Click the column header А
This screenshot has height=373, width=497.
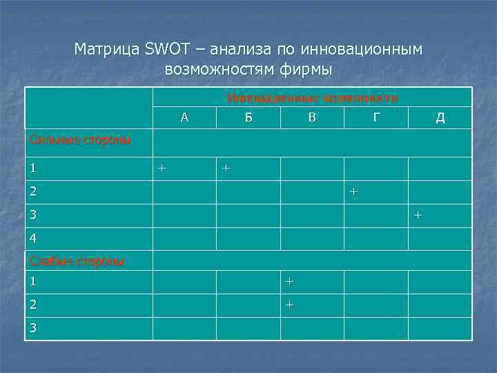click(x=184, y=117)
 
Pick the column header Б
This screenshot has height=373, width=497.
click(x=248, y=117)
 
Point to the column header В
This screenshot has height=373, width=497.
click(x=312, y=117)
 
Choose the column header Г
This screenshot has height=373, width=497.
click(x=376, y=117)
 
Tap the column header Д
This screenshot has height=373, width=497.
click(x=440, y=117)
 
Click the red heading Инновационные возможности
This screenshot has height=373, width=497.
click(x=312, y=98)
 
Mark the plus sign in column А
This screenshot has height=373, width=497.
click(x=162, y=168)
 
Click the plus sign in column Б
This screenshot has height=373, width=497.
click(x=225, y=168)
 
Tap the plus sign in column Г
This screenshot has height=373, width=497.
click(x=353, y=191)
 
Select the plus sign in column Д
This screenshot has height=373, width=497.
click(x=417, y=216)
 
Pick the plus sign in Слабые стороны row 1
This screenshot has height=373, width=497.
click(x=289, y=281)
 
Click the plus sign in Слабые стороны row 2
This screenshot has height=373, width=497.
click(x=289, y=305)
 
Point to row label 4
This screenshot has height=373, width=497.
click(x=32, y=238)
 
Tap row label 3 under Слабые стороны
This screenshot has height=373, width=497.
click(x=32, y=328)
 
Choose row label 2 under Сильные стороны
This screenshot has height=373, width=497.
click(x=32, y=191)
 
